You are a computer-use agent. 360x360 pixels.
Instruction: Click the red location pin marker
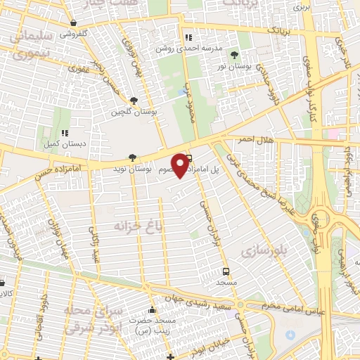coord(181,165)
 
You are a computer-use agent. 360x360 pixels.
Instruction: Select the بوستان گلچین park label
coord(134,112)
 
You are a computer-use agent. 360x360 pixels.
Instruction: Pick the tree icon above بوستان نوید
coord(134,158)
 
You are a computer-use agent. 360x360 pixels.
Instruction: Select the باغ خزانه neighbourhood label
coord(138,225)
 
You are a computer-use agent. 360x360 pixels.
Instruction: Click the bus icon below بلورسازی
coord(226,271)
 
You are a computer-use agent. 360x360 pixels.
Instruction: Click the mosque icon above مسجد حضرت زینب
coord(153,310)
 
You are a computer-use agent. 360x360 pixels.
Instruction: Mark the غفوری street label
coord(77,70)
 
